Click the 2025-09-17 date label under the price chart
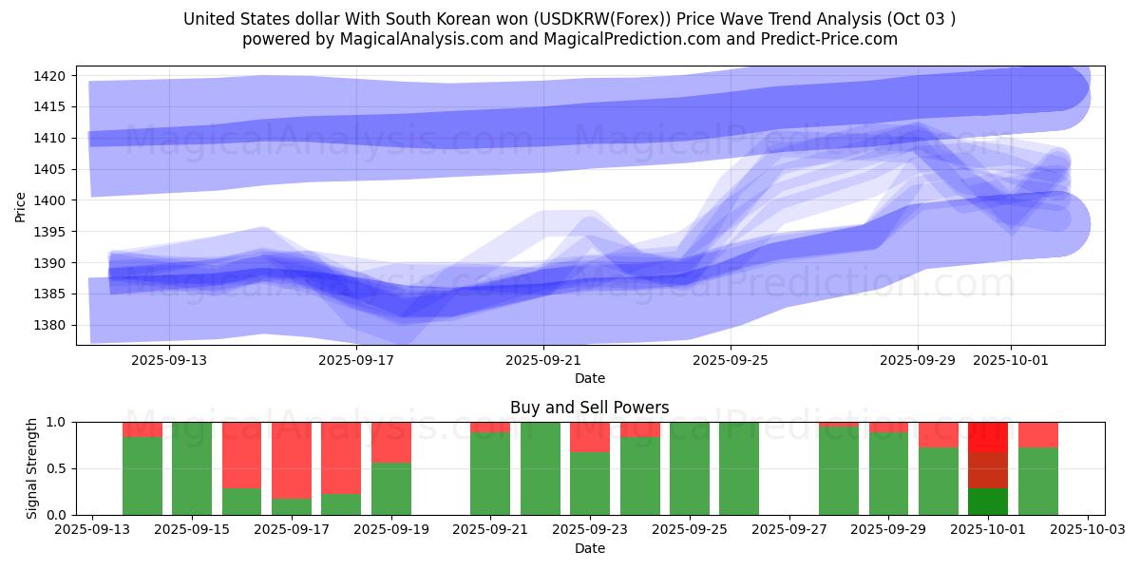click(355, 360)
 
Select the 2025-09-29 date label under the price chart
click(918, 360)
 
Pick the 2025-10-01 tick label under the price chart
click(1011, 360)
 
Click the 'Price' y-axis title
click(21, 206)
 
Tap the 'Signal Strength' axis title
click(32, 468)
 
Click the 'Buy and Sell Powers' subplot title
click(589, 408)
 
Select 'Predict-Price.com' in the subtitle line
click(825, 39)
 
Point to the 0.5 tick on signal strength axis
click(57, 468)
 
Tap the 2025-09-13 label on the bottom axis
click(92, 530)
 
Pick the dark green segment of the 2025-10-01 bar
click(988, 502)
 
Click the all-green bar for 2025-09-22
click(541, 468)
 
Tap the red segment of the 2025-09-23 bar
click(590, 437)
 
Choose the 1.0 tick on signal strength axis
click(57, 422)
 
